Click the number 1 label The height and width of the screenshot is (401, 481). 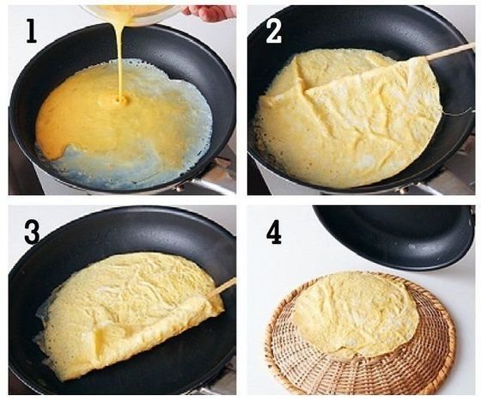coord(32,31)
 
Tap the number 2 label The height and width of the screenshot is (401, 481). coord(273,33)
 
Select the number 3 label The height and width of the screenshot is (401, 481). coord(32,233)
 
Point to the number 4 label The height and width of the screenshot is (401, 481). coord(274,234)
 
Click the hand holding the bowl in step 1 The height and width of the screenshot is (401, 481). coord(210,13)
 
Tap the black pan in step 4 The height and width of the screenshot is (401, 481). coord(396,236)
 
